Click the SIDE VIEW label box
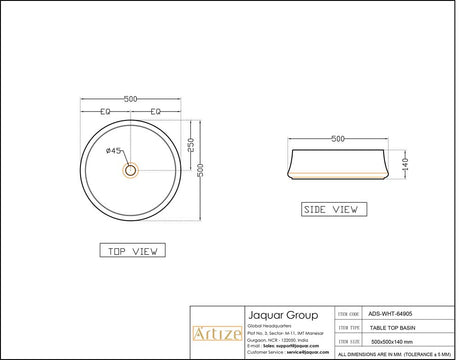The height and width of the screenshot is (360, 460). (331, 210)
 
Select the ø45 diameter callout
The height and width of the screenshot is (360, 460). (114, 150)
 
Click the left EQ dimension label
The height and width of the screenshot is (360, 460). (105, 111)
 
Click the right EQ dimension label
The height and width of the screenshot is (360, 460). (156, 111)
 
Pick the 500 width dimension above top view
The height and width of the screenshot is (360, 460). (131, 99)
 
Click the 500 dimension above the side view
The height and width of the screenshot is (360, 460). (338, 139)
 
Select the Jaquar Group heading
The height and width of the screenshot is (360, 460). (276, 312)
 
